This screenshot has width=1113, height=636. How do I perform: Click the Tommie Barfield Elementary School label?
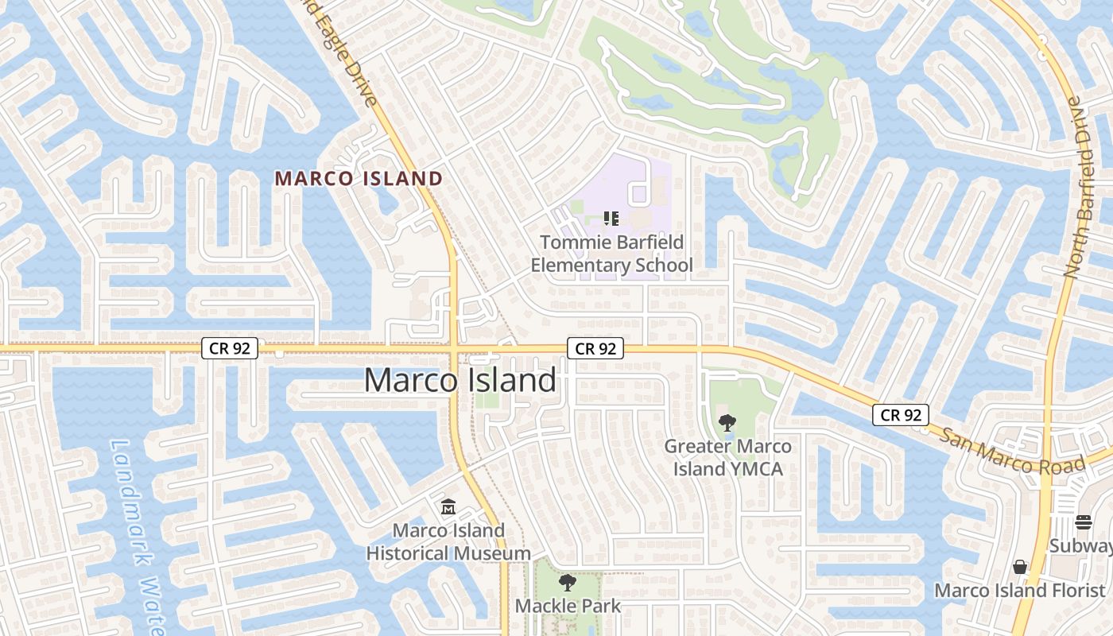611,254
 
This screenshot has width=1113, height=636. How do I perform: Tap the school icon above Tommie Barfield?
611,217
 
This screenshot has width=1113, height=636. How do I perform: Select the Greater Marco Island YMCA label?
727,457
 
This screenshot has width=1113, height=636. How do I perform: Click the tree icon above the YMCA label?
726,422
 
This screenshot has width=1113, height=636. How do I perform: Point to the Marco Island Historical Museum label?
448,541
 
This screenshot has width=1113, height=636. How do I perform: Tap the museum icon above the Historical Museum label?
448,506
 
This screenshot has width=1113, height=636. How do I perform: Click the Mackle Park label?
568,606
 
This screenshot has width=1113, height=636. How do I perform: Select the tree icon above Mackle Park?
568,583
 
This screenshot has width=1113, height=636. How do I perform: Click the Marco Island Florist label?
1019,591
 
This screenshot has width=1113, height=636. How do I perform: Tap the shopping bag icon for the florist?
1020,567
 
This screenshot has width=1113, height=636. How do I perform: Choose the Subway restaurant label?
1080,546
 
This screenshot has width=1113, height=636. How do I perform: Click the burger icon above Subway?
1084,522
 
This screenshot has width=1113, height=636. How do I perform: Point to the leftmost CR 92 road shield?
229,348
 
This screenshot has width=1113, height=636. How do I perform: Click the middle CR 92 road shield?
595,348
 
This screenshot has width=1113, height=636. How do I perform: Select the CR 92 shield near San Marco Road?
901,414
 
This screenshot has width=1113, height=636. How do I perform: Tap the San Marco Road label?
1012,451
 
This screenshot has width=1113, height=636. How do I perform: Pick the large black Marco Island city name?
460,380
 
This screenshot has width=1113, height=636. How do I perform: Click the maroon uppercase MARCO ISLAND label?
359,179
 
